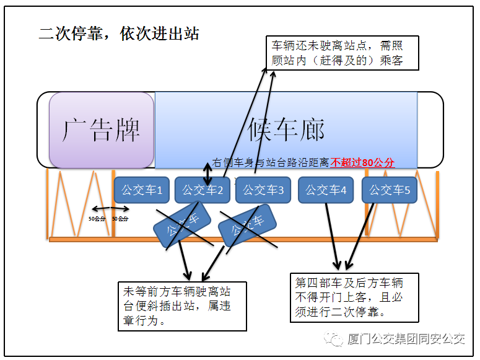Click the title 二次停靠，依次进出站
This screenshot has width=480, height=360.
119,33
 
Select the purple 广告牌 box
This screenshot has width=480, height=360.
102,130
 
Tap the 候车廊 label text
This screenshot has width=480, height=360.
286,130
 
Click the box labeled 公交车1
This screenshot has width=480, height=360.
141,190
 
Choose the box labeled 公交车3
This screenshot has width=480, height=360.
264,190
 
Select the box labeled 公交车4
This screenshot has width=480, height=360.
326,190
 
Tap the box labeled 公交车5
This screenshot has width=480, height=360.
390,190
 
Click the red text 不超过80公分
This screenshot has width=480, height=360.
362,162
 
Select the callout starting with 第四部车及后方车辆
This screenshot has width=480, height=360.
355,297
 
